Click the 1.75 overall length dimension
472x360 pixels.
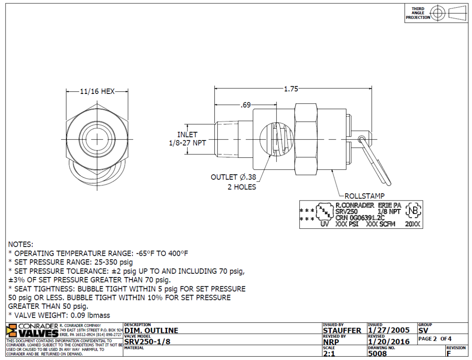tap(291, 89)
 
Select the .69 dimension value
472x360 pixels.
tap(246, 105)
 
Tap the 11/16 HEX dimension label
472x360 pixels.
tap(97, 91)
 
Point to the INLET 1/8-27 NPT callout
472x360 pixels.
tap(187, 138)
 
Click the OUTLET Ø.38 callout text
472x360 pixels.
tap(233, 177)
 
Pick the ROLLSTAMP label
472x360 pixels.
tap(365, 196)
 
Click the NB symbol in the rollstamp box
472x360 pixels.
tap(413, 210)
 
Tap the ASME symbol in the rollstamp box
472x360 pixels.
tap(325, 211)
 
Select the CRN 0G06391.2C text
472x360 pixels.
tap(360, 217)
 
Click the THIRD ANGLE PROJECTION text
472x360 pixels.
tap(418, 13)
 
